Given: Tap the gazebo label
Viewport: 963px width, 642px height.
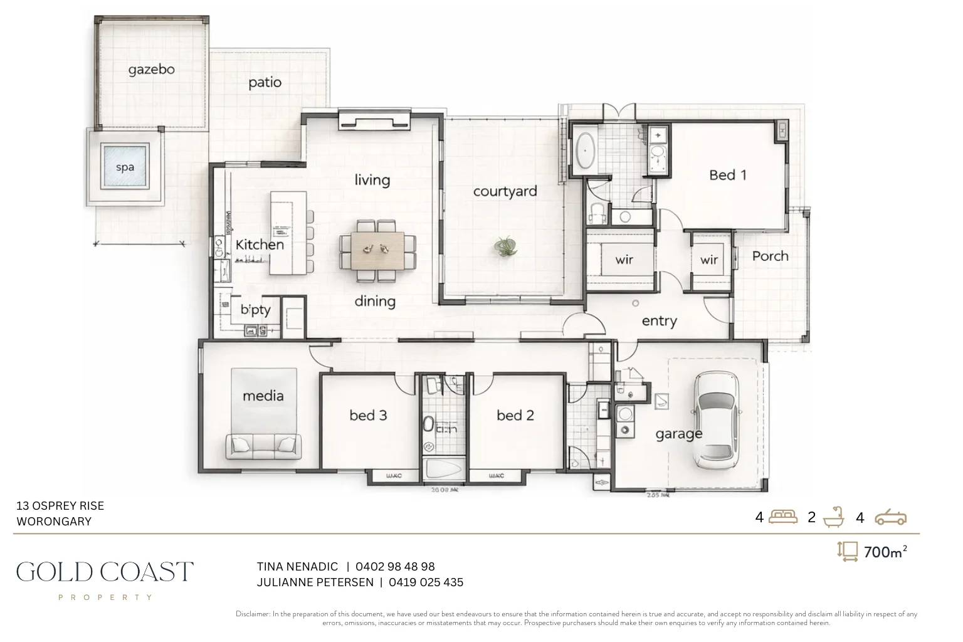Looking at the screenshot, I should click(x=151, y=69).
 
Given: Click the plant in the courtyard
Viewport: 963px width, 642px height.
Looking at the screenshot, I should click(x=505, y=246).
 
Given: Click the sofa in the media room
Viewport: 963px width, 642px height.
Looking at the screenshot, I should click(x=263, y=446).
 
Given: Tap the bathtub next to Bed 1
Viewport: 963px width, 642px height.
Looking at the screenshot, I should click(x=587, y=150).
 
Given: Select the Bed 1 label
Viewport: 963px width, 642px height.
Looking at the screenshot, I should click(x=728, y=175).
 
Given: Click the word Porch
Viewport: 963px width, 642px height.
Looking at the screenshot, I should click(x=770, y=256).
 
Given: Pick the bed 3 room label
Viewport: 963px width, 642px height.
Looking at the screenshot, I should click(x=368, y=415).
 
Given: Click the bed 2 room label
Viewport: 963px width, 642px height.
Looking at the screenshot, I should click(x=515, y=415).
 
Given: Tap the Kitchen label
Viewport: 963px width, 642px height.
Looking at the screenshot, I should click(x=260, y=245).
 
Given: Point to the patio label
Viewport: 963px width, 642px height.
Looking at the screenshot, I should click(x=265, y=82).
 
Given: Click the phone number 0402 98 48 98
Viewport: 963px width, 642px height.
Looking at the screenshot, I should click(x=395, y=567).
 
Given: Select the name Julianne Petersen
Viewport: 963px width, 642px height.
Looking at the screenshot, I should click(x=315, y=582).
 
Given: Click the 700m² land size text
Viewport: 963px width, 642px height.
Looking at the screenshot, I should click(x=885, y=552).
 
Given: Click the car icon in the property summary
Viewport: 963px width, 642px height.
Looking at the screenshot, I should click(x=890, y=517).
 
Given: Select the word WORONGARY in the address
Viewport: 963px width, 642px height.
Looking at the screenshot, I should click(x=54, y=522).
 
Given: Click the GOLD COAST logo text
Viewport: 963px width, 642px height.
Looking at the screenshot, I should click(x=105, y=572).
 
